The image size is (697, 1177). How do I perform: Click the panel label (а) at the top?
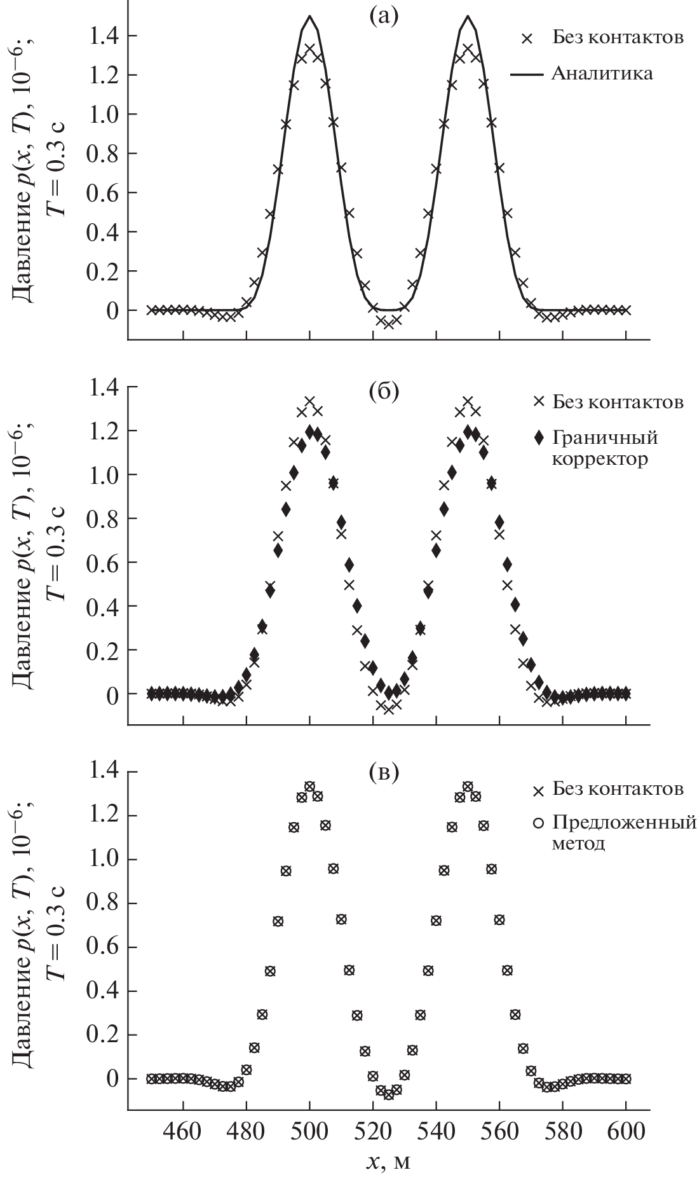coord(384,15)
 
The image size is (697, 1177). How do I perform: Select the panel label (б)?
coord(384,392)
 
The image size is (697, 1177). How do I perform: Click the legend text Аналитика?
coord(602,74)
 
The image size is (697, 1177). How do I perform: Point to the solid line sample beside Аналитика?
coord(527,74)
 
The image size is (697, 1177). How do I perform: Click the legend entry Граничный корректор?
coord(604,448)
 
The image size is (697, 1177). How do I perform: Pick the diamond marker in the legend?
coord(539,438)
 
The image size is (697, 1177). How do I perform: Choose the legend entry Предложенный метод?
coord(624,833)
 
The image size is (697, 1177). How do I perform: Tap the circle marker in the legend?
coord(539,823)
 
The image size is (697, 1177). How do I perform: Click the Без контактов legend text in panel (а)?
coord(617,38)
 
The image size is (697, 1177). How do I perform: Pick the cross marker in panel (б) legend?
coord(539,402)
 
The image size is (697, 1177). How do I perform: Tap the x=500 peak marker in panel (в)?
coord(309,787)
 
